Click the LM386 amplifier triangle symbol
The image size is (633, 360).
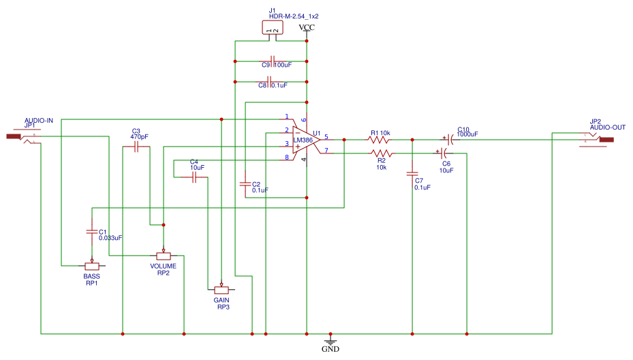(x=304, y=140)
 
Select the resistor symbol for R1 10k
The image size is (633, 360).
(x=379, y=139)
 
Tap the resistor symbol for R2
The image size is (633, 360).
(x=379, y=153)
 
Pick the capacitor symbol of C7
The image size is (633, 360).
(x=412, y=174)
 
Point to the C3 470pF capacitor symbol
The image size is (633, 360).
(x=136, y=147)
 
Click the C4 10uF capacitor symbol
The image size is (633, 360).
(x=194, y=177)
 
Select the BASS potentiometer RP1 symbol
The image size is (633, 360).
(x=91, y=266)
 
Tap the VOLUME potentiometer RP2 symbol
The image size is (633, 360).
(x=164, y=255)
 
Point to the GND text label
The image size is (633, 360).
(x=330, y=348)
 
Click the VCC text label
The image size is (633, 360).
(x=307, y=27)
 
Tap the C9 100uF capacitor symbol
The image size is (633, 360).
(x=272, y=61)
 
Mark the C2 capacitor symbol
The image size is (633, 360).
(x=245, y=184)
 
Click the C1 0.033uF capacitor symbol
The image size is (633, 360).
(x=91, y=231)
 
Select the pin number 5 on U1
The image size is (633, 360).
(x=326, y=136)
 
